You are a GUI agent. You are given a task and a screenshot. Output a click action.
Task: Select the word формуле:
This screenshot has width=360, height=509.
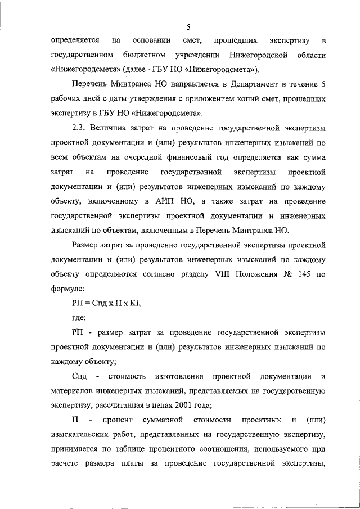pos(67,289)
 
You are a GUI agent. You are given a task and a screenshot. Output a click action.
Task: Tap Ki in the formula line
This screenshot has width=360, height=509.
pos(133,304)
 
